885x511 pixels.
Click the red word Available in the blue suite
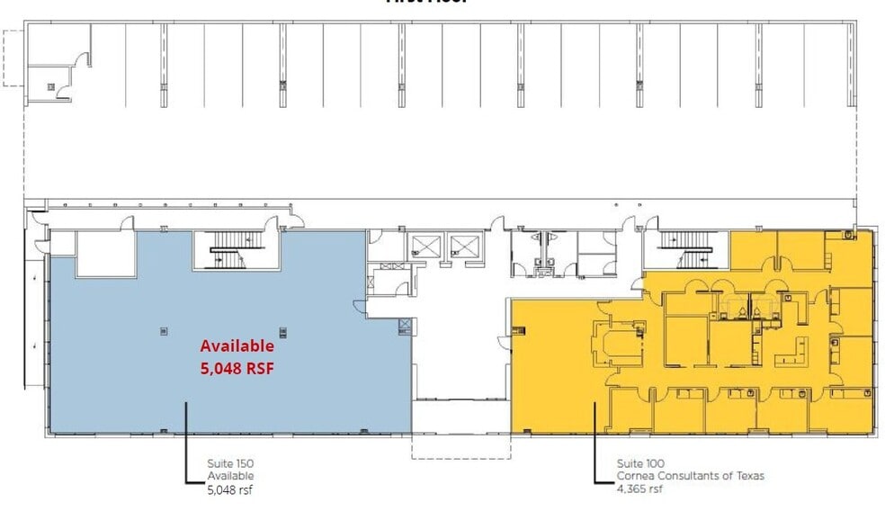[237, 345]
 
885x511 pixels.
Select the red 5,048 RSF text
[237, 366]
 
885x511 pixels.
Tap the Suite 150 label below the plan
[230, 463]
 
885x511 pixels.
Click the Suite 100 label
[639, 463]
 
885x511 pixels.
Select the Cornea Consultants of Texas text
[690, 476]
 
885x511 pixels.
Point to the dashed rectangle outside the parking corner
[13, 58]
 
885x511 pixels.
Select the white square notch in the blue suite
[104, 255]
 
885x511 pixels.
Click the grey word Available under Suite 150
[230, 476]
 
